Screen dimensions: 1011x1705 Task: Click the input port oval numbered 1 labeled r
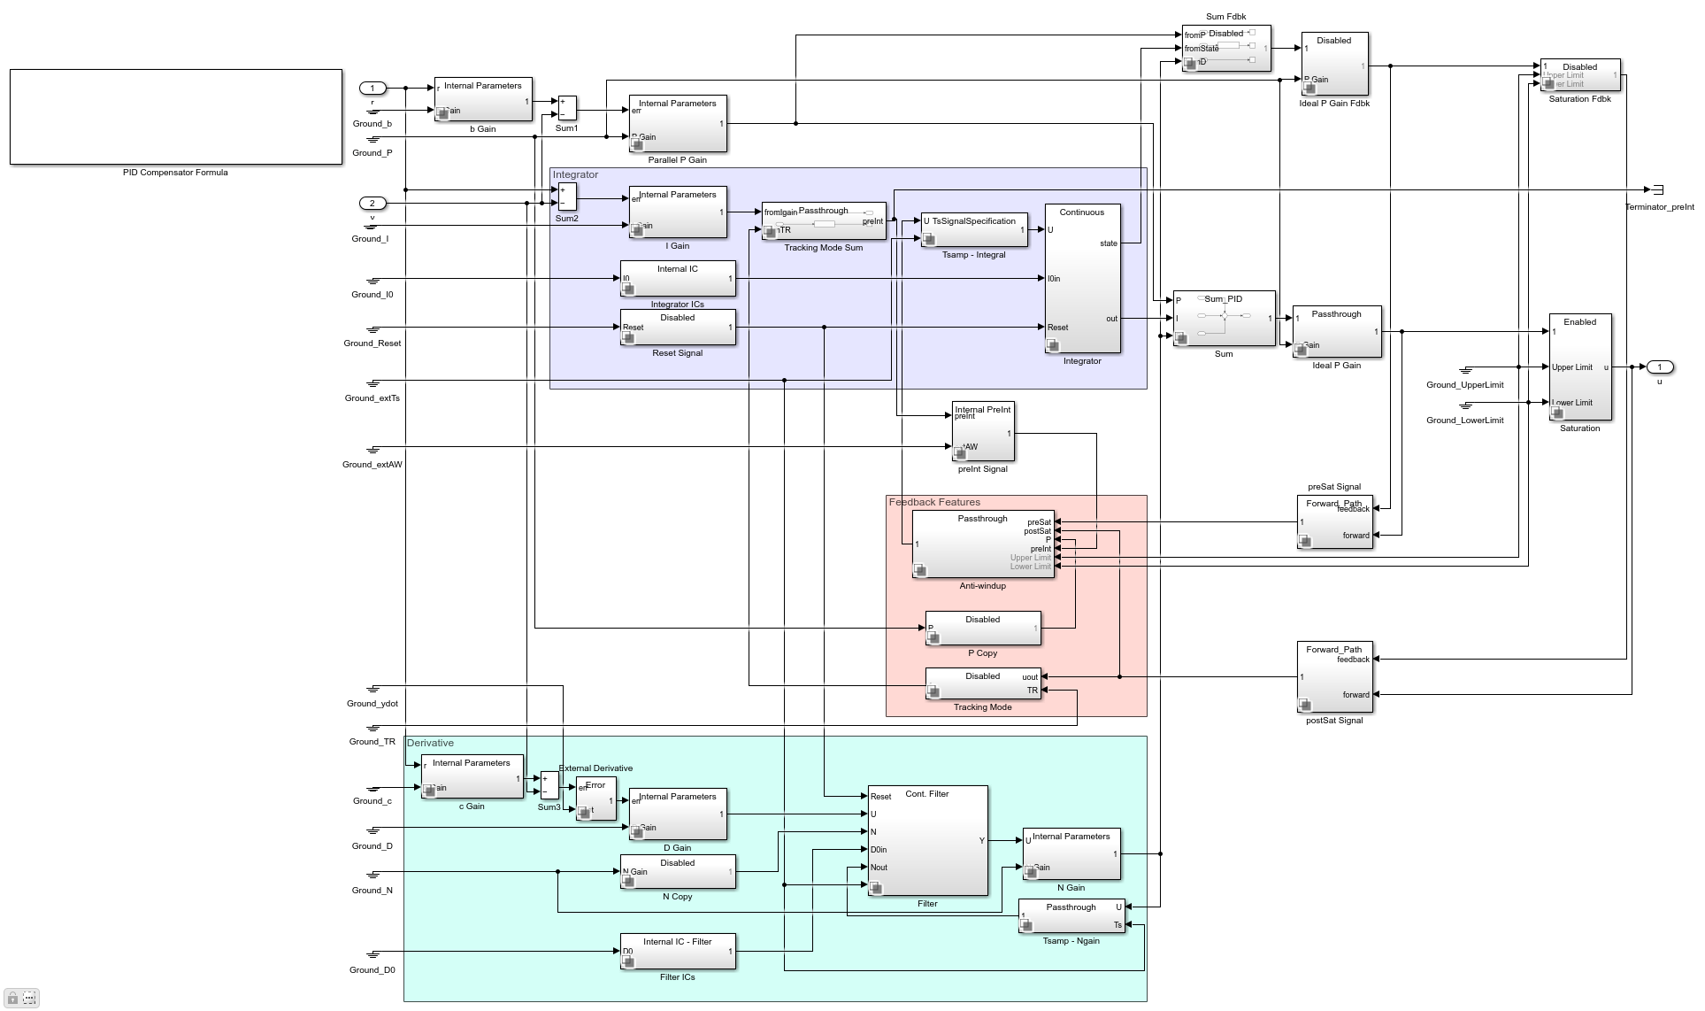[x=372, y=88]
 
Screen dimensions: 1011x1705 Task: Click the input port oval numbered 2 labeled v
[x=372, y=203]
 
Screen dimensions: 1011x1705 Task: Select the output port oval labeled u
[x=1659, y=367]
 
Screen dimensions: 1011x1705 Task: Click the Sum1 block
[x=567, y=108]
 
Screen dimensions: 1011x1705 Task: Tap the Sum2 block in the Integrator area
[x=567, y=197]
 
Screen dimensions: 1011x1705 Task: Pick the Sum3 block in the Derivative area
[x=549, y=785]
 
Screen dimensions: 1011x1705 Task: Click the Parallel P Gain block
[x=678, y=123]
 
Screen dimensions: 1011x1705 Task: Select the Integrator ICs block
[x=678, y=279]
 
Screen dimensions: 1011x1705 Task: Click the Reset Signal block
[x=678, y=328]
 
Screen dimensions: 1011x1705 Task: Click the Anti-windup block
[x=983, y=544]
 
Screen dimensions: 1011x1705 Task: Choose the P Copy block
[x=983, y=628]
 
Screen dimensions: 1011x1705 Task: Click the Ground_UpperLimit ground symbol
[x=1466, y=369]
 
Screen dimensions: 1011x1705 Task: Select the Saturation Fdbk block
[x=1580, y=75]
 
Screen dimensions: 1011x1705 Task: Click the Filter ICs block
[x=678, y=952]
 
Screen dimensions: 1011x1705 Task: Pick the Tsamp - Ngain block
[x=1071, y=916]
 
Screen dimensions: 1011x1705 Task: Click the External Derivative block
[x=595, y=799]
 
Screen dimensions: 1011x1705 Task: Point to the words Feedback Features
[x=934, y=502]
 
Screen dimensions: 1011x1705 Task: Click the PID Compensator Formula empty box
[x=175, y=117]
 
